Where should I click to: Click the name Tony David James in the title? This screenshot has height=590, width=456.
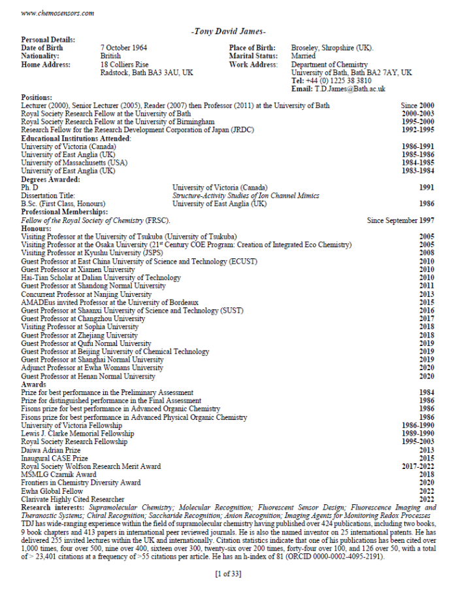tap(228, 31)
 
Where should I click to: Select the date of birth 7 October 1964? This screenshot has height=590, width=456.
tap(123, 48)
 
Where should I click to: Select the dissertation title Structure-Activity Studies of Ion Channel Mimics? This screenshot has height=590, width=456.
tap(246, 196)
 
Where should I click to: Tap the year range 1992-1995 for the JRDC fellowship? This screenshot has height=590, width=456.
tap(418, 130)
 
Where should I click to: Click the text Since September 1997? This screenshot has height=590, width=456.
tap(400, 220)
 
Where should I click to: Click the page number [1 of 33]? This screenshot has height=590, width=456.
tap(228, 574)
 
